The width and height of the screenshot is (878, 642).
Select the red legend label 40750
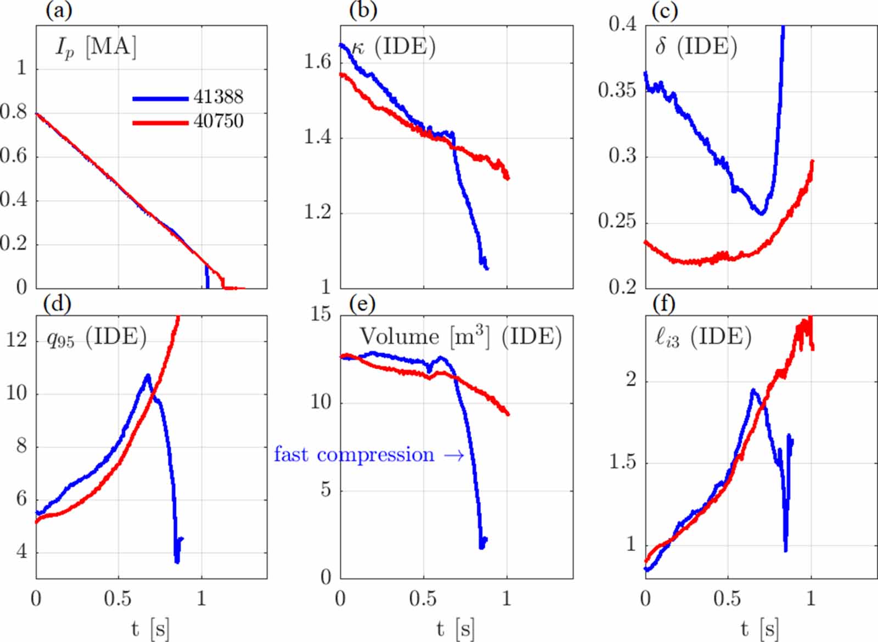click(218, 121)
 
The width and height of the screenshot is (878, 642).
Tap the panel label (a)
click(59, 11)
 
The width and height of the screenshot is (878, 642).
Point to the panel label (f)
click(664, 303)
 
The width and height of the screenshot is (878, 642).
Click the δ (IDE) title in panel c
click(696, 47)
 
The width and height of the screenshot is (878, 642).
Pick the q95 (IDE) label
click(97, 337)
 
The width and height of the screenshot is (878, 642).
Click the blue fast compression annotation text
click(354, 455)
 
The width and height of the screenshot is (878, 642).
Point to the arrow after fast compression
click(453, 455)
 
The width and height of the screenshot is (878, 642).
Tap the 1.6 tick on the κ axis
click(318, 61)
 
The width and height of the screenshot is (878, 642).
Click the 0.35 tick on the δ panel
click(617, 90)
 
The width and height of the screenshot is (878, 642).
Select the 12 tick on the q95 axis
click(16, 340)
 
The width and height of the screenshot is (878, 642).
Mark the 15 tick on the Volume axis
click(320, 314)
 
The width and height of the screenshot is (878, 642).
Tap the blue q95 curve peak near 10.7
click(147, 376)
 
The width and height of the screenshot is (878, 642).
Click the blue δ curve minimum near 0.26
click(761, 213)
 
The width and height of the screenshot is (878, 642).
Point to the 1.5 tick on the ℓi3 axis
click(623, 463)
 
